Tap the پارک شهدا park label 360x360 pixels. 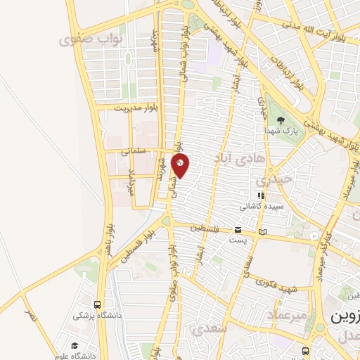click(x=285, y=131)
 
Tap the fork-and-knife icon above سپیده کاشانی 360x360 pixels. click(x=261, y=195)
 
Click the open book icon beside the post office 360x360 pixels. click(x=263, y=231)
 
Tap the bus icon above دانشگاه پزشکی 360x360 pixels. click(x=97, y=305)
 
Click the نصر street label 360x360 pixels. click(x=29, y=316)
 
